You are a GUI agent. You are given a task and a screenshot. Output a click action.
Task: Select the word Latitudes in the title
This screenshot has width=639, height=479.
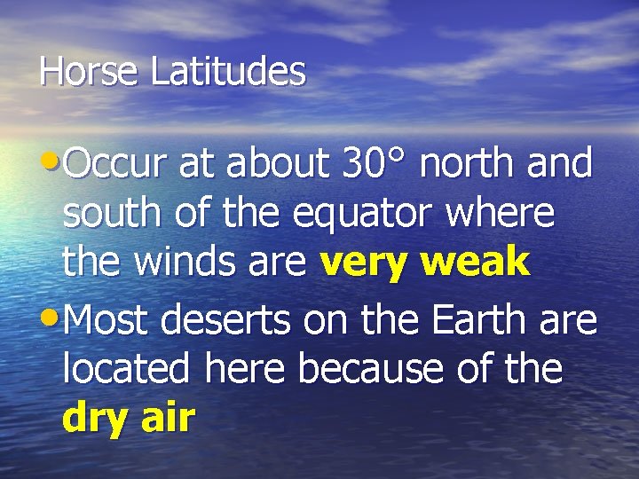click(228, 72)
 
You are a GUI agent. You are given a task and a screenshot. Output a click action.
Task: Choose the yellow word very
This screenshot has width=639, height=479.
click(364, 263)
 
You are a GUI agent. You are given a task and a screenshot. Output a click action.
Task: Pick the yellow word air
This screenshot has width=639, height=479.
click(166, 417)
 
